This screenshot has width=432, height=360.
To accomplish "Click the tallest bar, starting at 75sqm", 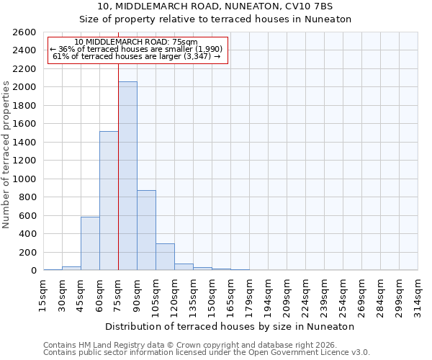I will point(127,176).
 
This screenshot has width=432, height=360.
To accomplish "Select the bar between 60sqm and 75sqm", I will point(109,201).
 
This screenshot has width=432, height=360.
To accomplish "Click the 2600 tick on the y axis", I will point(25,32).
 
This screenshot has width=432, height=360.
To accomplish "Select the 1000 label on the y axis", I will point(25,179).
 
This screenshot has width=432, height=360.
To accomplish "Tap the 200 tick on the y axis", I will point(28,253).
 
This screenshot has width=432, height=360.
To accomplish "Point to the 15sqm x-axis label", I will point(44,295).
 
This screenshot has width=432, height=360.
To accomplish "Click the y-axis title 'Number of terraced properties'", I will point(6,155).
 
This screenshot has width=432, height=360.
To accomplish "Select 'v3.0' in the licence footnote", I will point(359,353).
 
